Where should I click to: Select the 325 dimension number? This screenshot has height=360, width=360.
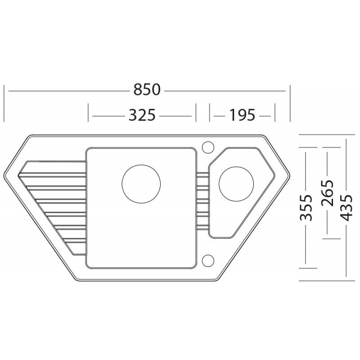click(x=142, y=115)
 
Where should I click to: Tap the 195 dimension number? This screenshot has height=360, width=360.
click(x=242, y=115)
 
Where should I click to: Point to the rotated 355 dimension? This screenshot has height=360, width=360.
click(x=306, y=207)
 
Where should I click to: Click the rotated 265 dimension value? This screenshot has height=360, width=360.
click(x=327, y=193)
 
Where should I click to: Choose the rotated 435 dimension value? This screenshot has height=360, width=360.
click(x=346, y=207)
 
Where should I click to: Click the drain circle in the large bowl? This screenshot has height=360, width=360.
click(x=141, y=184)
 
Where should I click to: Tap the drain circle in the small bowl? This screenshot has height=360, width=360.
click(x=236, y=184)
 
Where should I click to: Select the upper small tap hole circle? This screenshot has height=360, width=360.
click(x=208, y=147)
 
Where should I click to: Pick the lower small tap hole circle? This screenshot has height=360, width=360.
click(x=208, y=261)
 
